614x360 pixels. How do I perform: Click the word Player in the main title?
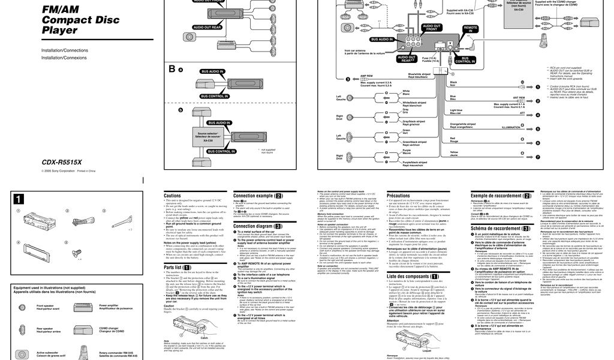point(59,31)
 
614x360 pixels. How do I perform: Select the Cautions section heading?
point(172,196)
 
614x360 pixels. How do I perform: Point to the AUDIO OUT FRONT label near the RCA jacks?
point(431,28)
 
